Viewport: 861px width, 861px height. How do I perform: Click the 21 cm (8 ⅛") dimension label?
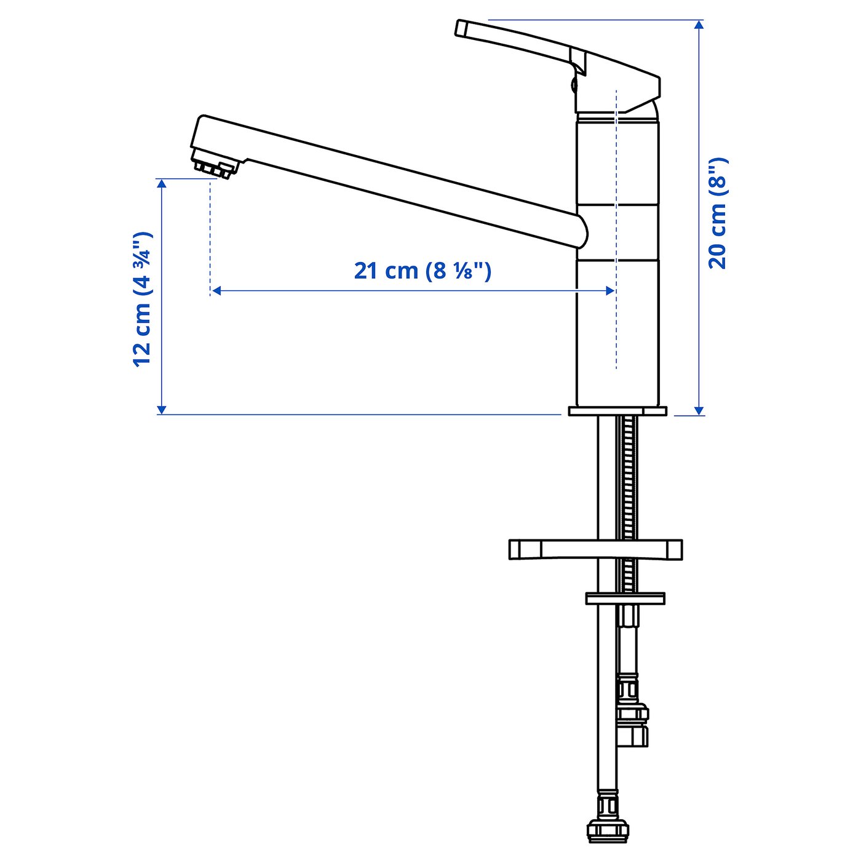[423, 271]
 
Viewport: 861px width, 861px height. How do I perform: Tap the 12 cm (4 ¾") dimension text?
[142, 299]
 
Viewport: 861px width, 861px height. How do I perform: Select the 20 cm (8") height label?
[718, 213]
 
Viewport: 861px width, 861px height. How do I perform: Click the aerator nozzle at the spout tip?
[213, 167]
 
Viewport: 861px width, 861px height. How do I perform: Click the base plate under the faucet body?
[617, 411]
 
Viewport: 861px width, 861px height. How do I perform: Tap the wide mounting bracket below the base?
[595, 549]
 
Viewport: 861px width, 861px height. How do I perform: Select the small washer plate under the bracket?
[625, 598]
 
